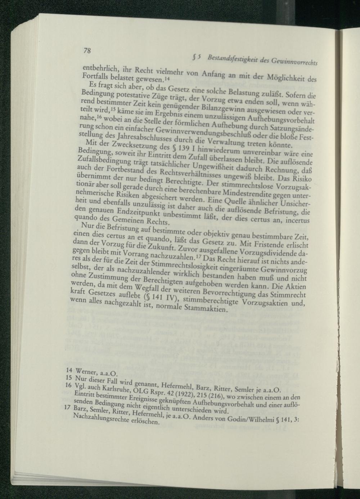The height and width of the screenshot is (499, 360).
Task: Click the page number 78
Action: tap(87, 51)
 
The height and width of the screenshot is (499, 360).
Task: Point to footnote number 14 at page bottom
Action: tap(70, 370)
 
